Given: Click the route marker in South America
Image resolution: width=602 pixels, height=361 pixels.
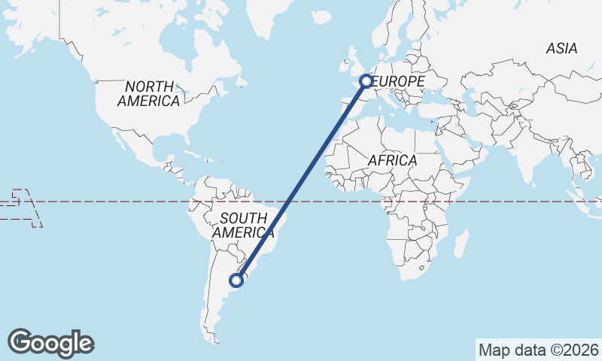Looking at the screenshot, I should click(x=236, y=281).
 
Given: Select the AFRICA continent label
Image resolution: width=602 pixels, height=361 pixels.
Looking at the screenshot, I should click(x=392, y=160).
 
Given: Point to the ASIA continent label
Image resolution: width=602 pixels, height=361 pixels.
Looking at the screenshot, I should click(x=562, y=49).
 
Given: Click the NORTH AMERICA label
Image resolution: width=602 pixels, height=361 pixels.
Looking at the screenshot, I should click(x=148, y=93).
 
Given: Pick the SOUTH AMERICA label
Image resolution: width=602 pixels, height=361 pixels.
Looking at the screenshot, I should click(x=239, y=226).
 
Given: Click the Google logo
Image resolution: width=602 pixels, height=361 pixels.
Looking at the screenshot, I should click(x=50, y=343).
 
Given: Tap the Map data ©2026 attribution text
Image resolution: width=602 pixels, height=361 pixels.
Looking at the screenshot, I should click(x=539, y=350).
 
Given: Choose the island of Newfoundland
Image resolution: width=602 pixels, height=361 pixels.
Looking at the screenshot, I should click(x=239, y=81).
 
